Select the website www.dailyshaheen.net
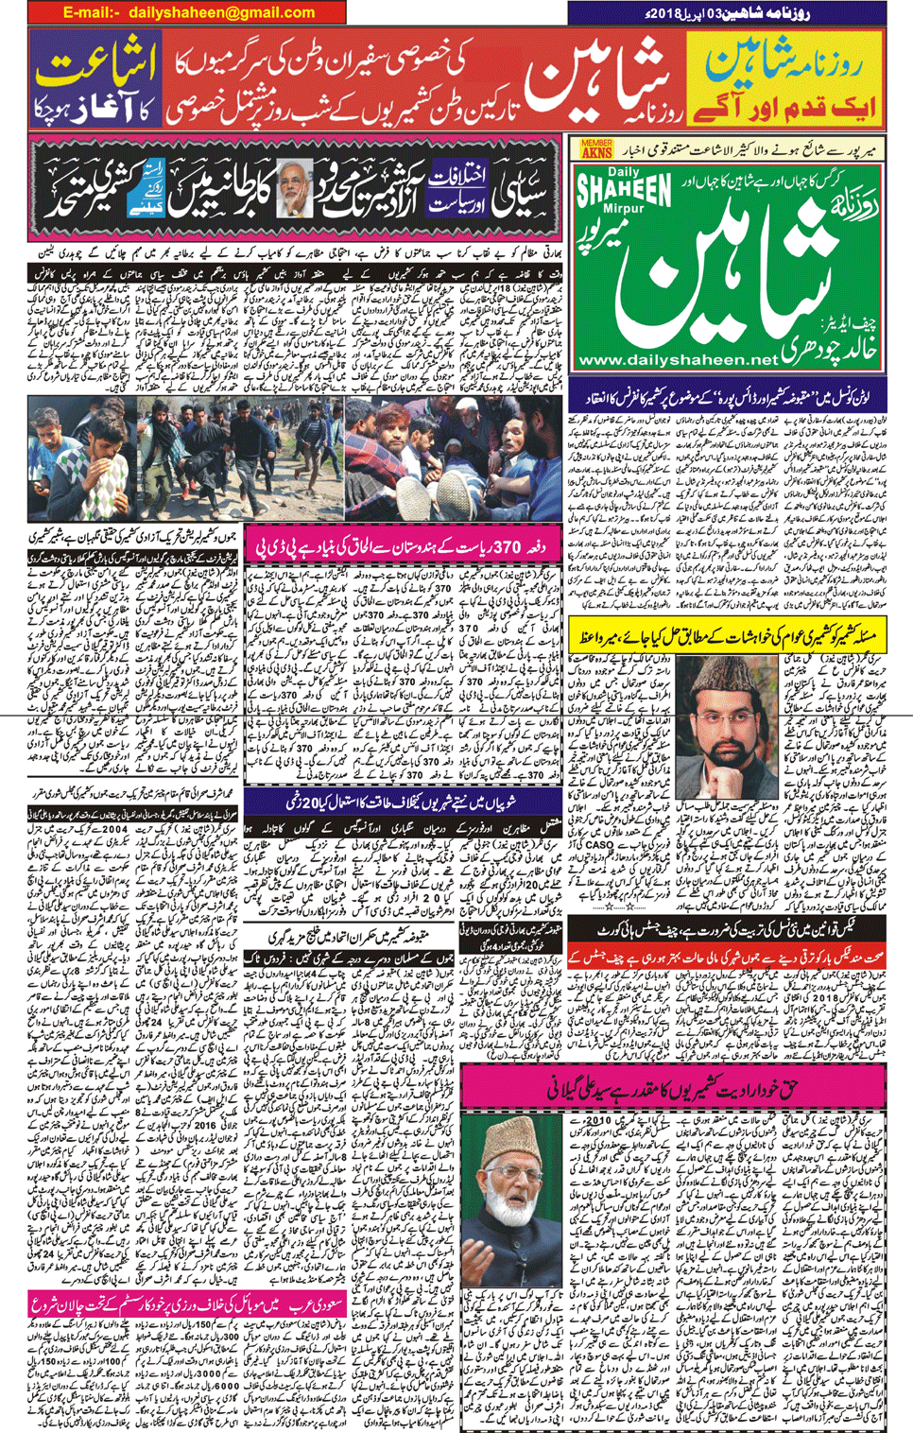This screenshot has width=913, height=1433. tap(677, 360)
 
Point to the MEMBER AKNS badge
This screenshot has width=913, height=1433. tap(596, 148)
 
